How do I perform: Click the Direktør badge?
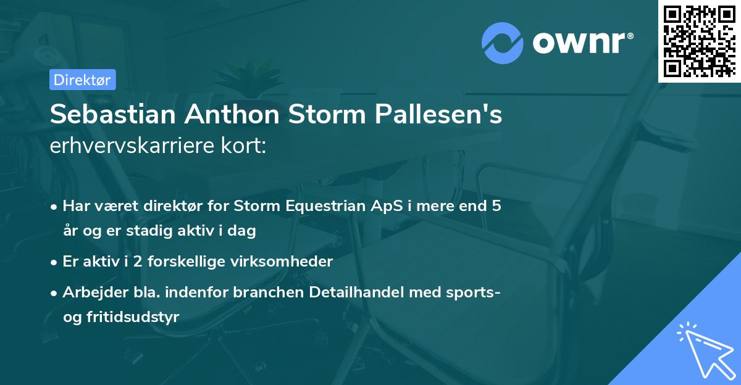(x=82, y=79)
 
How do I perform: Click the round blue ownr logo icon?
(x=503, y=43)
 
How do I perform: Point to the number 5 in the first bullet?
(x=496, y=207)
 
